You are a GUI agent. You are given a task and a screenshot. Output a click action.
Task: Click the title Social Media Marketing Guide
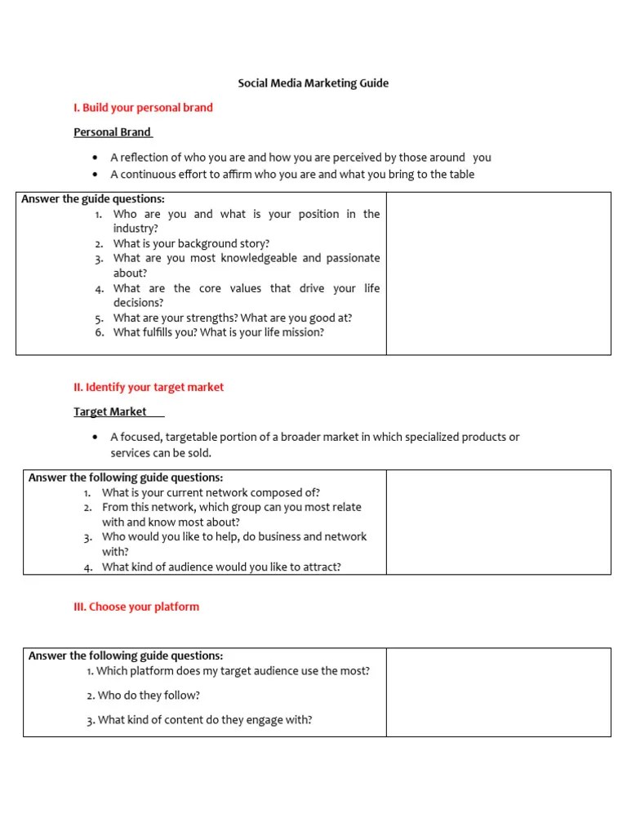(313, 83)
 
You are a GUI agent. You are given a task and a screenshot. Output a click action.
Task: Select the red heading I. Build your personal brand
(143, 108)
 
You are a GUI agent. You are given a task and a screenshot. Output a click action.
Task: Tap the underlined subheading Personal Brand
(113, 132)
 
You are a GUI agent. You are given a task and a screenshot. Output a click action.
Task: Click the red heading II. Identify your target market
(149, 387)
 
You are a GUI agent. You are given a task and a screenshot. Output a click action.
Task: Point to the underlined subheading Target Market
(110, 412)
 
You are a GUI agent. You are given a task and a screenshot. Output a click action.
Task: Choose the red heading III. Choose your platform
(136, 607)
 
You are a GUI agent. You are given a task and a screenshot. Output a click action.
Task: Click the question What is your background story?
(191, 243)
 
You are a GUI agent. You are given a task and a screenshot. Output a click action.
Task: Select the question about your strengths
(233, 318)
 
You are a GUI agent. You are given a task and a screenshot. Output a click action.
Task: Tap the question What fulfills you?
(218, 332)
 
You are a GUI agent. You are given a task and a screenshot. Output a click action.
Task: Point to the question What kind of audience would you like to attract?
(221, 567)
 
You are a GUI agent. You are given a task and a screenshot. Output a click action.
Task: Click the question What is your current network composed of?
(211, 492)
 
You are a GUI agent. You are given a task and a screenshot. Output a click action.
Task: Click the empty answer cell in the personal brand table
(498, 273)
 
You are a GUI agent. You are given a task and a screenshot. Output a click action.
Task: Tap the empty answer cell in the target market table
(498, 522)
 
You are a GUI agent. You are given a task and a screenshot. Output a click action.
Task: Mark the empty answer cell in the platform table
(498, 692)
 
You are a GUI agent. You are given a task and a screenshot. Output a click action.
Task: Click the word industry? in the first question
(136, 229)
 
